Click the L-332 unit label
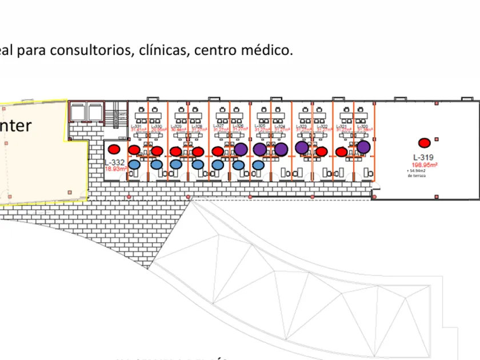click(x=114, y=162)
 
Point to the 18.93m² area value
click(x=114, y=169)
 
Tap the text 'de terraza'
click(x=418, y=176)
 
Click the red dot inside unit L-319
click(x=424, y=143)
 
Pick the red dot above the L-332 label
click(x=114, y=149)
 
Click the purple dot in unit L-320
click(x=363, y=147)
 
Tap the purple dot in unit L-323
click(x=302, y=147)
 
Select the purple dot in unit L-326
click(x=241, y=149)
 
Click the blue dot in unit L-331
click(x=134, y=165)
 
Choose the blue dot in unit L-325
click(x=258, y=165)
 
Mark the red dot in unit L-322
click(x=322, y=151)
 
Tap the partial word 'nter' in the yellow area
click(x=15, y=126)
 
